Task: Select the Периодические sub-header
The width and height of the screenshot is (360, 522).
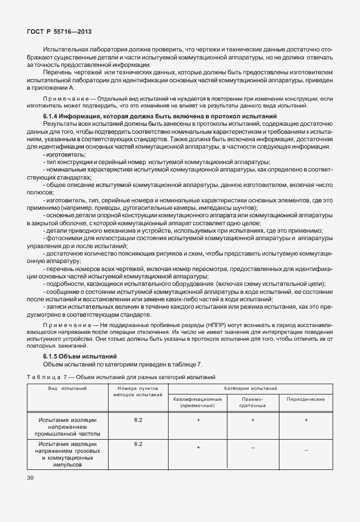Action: pos(306,399)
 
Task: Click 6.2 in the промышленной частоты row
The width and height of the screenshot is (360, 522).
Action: pos(138,420)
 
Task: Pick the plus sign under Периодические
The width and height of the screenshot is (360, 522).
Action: pos(306,420)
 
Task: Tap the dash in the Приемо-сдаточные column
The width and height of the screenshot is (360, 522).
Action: pos(252,448)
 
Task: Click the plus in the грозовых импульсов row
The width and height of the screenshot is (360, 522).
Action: pos(198,448)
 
